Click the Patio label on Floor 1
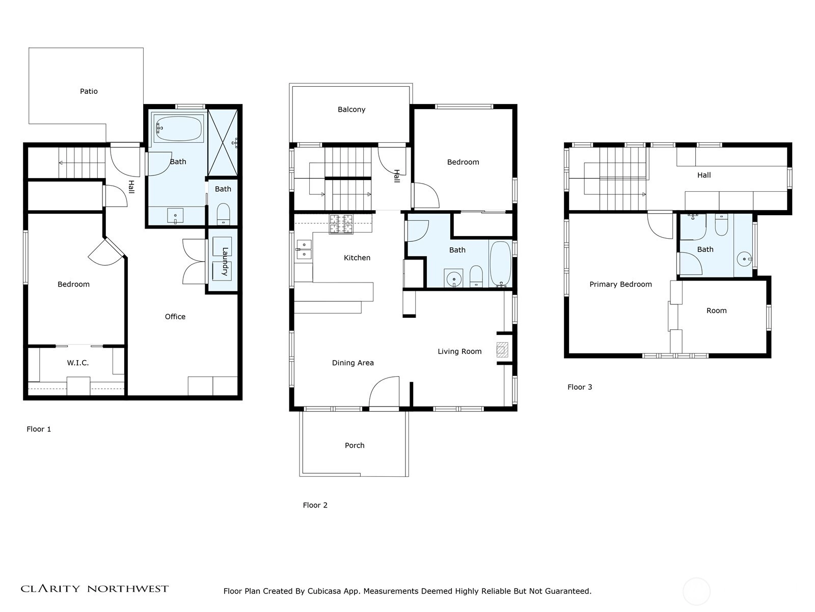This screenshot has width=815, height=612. pos(89,91)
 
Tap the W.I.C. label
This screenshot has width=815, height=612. pos(77,363)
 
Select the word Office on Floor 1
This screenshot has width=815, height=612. pos(175,317)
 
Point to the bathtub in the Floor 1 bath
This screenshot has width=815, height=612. pos(179,129)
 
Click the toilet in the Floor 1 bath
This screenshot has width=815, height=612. pos(223,214)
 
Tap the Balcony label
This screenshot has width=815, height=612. pos(351,110)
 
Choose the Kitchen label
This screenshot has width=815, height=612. pos(357,258)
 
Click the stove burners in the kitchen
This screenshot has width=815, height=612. pos(341,224)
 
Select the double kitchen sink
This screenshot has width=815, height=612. pos(304,249)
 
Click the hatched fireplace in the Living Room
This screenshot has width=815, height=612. pos(502,350)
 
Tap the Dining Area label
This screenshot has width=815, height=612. pos(352,363)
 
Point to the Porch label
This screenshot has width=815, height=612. pos(355,446)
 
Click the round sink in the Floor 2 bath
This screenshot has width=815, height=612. pos(454,278)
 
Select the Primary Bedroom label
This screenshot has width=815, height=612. pos(620,285)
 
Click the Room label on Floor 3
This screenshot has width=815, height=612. pos(716,311)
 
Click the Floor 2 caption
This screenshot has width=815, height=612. pos(315,505)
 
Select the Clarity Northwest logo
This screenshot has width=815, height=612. pos(94,589)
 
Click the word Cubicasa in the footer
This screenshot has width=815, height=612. pos(324,591)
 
